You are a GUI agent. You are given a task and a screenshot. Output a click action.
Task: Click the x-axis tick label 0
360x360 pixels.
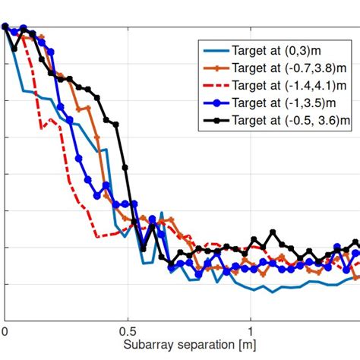coord(5,332)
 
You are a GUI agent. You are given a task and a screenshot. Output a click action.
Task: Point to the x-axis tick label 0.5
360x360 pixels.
coord(128,332)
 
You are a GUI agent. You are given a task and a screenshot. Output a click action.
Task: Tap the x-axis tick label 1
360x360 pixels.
coord(251,332)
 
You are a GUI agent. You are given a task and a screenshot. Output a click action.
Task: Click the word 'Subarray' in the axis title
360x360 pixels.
coord(147,346)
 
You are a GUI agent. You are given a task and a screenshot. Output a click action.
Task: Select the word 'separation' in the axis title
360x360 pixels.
coord(203,346)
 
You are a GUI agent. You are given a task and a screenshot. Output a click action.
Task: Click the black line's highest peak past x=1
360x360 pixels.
coord(273,229)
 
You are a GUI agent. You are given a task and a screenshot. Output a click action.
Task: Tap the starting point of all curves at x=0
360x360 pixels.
coord(5,27)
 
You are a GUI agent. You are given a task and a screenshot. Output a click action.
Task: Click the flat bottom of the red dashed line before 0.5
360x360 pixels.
coord(106,236)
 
